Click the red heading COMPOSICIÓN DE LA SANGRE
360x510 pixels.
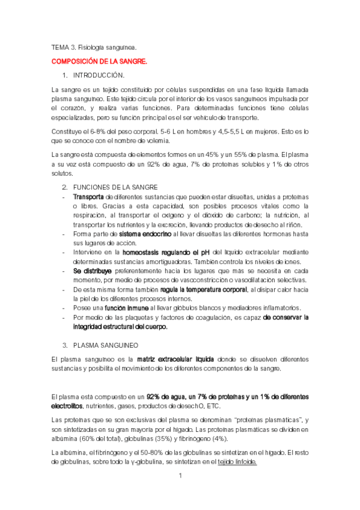pos(99,61)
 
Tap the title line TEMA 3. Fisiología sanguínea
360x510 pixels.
pos(94,46)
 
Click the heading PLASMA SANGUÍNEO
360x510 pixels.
pos(105,345)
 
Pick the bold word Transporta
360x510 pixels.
pos(88,197)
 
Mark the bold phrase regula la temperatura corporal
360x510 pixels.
pos(195,290)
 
